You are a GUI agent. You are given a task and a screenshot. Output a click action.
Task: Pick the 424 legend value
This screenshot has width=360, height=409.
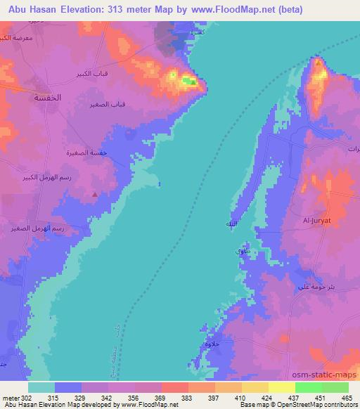click(266, 397)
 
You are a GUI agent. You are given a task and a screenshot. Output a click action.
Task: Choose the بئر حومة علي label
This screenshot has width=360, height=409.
click(312, 287)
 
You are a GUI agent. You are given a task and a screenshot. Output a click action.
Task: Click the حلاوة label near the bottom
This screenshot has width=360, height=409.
click(212, 344)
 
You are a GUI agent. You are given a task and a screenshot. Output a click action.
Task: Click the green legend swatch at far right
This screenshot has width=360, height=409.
click(335, 387)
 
